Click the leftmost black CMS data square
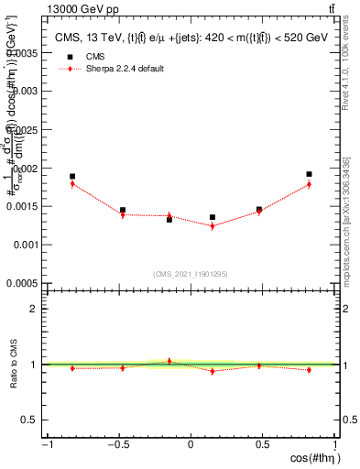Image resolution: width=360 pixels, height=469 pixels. [72, 176]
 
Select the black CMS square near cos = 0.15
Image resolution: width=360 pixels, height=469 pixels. [213, 217]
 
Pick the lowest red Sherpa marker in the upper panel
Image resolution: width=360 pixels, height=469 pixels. [213, 225]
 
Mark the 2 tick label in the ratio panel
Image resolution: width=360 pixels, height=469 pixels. [34, 309]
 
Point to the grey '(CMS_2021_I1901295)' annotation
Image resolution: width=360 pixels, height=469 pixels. [191, 274]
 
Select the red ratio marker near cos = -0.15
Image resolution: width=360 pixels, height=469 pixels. [169, 361]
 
